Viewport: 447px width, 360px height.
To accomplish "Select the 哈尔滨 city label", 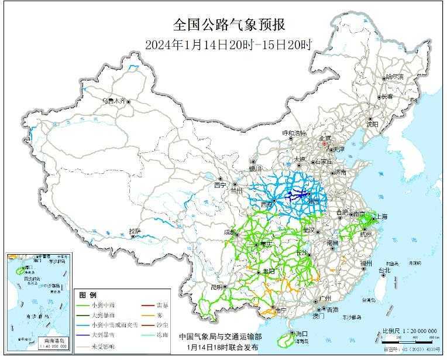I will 394,77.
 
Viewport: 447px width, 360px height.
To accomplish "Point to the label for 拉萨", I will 135,231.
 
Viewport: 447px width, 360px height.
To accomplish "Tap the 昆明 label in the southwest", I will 216,287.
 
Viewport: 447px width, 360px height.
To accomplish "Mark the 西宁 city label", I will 219,185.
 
